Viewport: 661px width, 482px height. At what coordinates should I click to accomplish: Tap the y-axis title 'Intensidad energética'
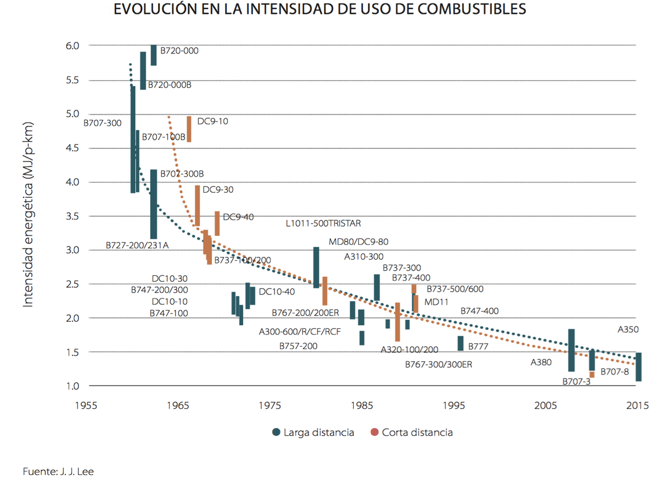pos(28,216)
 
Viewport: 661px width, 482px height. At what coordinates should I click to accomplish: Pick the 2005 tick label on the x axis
pos(546,404)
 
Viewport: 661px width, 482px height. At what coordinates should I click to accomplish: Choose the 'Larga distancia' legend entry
pos(314,432)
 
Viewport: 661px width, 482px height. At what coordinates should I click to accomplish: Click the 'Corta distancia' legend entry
pos(411,432)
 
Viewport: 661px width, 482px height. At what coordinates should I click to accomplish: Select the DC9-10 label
pos(212,122)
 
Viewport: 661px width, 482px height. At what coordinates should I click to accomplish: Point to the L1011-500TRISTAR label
pos(324,224)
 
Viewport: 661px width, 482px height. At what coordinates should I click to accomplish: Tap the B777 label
pos(478,347)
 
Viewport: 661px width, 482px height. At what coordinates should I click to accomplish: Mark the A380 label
pos(541,362)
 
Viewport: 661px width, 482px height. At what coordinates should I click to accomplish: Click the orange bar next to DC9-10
pos(189,129)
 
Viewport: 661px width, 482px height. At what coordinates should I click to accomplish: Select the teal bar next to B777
pos(461,343)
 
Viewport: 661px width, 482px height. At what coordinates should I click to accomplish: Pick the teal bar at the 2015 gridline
pos(638,366)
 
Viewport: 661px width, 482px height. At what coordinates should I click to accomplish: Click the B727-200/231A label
pos(137,245)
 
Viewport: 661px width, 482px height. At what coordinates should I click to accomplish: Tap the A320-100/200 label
pos(409,350)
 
